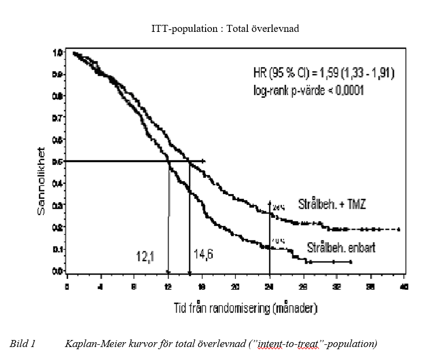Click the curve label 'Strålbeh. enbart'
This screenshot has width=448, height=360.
point(341,248)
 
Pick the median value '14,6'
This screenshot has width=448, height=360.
point(203,254)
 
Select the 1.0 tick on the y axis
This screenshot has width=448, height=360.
point(57,53)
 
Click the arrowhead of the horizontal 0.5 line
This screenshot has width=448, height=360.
point(204,161)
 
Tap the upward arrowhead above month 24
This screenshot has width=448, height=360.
point(269,202)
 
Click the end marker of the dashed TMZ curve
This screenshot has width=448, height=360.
point(399,229)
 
